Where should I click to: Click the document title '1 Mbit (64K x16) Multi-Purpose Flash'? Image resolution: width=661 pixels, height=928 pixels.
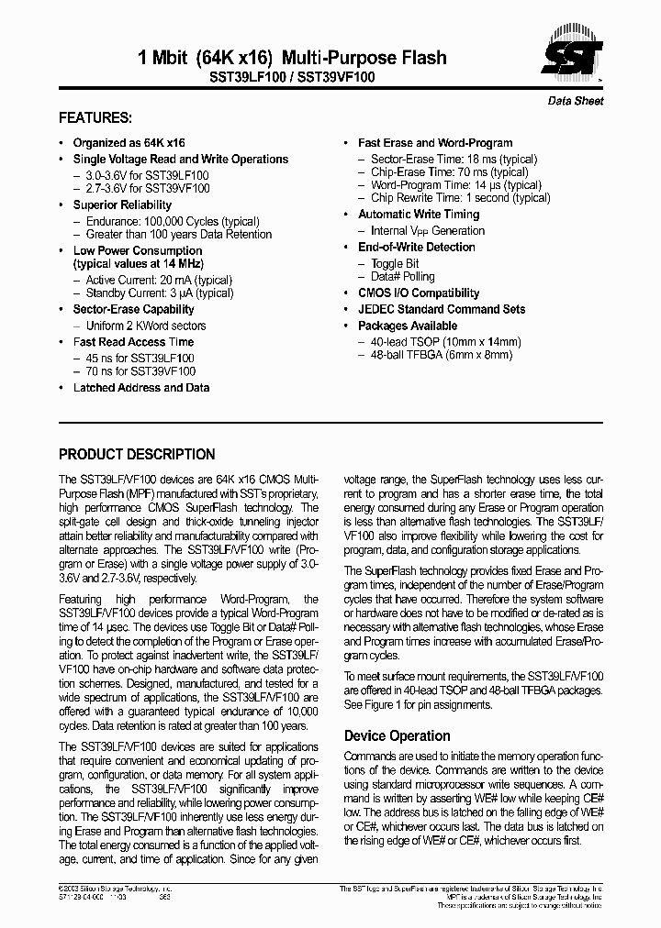click(292, 58)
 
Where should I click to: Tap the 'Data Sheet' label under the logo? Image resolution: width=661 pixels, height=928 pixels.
click(576, 101)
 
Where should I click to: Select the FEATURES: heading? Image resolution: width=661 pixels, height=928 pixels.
click(95, 118)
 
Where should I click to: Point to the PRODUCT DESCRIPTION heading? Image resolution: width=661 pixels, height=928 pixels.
click(137, 454)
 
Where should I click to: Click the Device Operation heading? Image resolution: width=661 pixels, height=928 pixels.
click(397, 735)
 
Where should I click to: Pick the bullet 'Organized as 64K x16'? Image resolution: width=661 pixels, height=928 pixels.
click(129, 143)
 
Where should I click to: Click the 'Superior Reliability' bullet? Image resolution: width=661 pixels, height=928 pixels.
click(122, 205)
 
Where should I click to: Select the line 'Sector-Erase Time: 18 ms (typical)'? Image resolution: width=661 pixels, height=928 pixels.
click(454, 159)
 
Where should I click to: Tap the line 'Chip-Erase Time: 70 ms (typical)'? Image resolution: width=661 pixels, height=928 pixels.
click(449, 171)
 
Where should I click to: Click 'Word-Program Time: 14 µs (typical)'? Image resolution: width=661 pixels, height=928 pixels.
click(455, 184)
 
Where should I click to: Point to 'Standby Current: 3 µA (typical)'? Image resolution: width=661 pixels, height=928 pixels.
click(159, 293)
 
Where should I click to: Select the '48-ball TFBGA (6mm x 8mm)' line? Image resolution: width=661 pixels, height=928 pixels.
click(442, 354)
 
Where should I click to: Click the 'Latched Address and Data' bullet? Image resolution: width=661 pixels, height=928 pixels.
click(141, 388)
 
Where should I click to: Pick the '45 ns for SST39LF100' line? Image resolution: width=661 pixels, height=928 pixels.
click(140, 358)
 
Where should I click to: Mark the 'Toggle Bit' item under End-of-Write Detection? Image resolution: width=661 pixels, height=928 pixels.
click(395, 263)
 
